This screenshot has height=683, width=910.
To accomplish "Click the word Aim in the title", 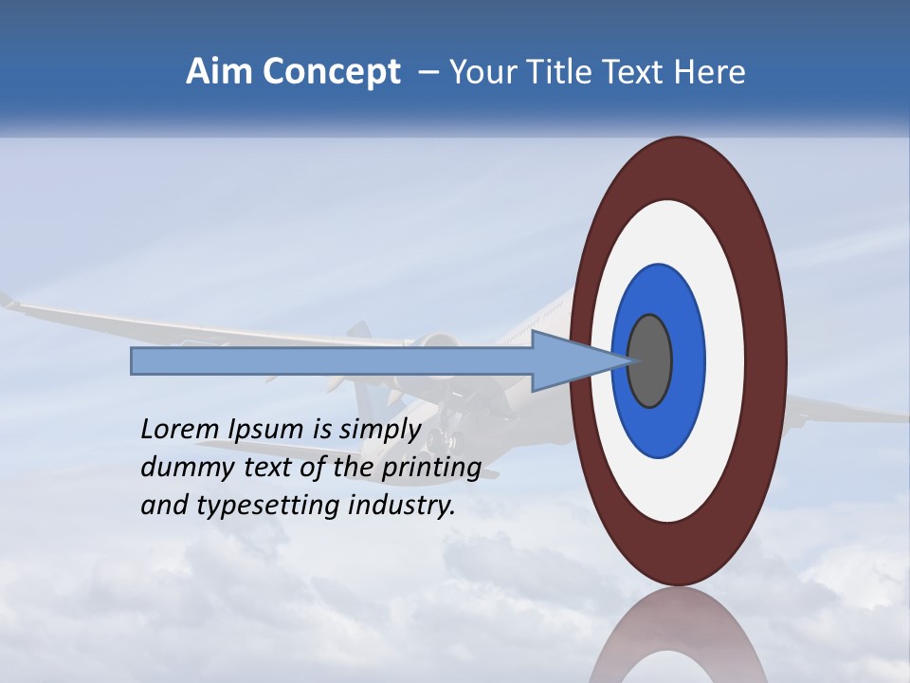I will pos(220,72).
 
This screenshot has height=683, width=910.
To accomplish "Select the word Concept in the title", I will pos(331,73).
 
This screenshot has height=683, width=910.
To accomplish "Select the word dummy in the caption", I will pos(186,467).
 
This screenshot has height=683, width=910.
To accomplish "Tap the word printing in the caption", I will pos(430,468).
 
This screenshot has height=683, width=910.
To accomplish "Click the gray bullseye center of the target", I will pos(651,360).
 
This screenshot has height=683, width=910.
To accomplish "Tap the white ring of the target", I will pos(725,360).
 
